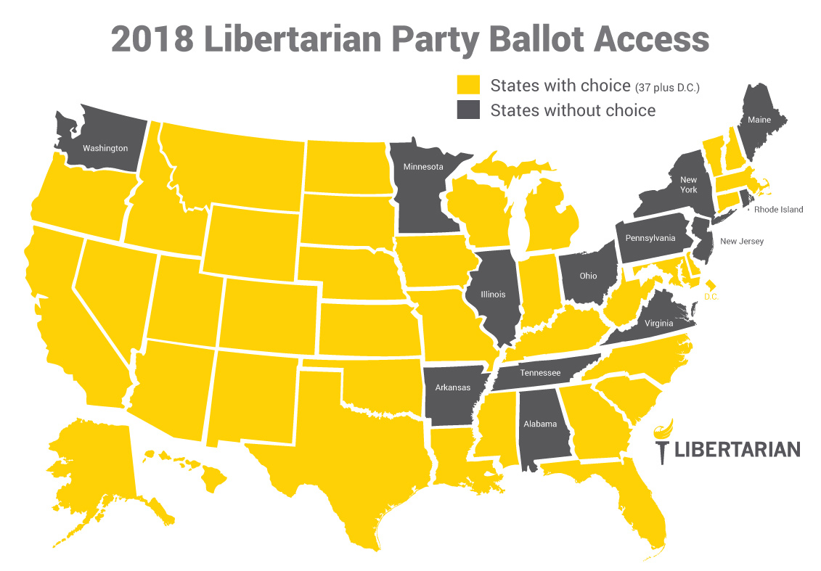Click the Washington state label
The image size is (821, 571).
pos(105,148)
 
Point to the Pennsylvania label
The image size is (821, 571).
pos(650,238)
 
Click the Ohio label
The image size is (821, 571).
pos(588,276)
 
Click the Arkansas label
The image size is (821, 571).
pos(452,387)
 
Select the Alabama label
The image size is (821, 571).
pos(540,424)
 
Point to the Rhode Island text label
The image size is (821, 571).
pos(778,210)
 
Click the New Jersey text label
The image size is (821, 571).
pos(742,241)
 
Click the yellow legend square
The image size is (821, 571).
pos(467,86)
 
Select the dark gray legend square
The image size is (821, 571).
pos(467,110)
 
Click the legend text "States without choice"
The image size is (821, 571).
pos(573,110)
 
